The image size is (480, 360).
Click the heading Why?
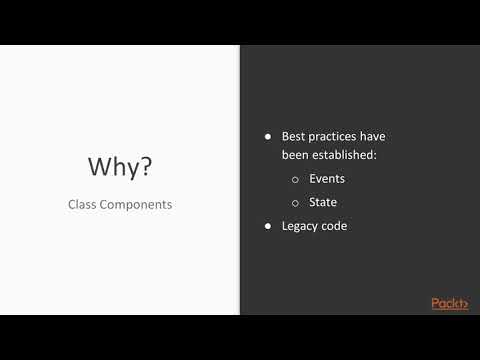[120, 166]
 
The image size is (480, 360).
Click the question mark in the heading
[146, 166]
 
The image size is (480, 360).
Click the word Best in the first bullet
[292, 136]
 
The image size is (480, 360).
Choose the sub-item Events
[327, 179]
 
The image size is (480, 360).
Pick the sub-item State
[323, 202]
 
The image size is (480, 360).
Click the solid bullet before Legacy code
[267, 227]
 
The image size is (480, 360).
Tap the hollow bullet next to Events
[295, 180]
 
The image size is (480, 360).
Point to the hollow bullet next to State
[295, 203]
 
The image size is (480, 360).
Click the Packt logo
[449, 303]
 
